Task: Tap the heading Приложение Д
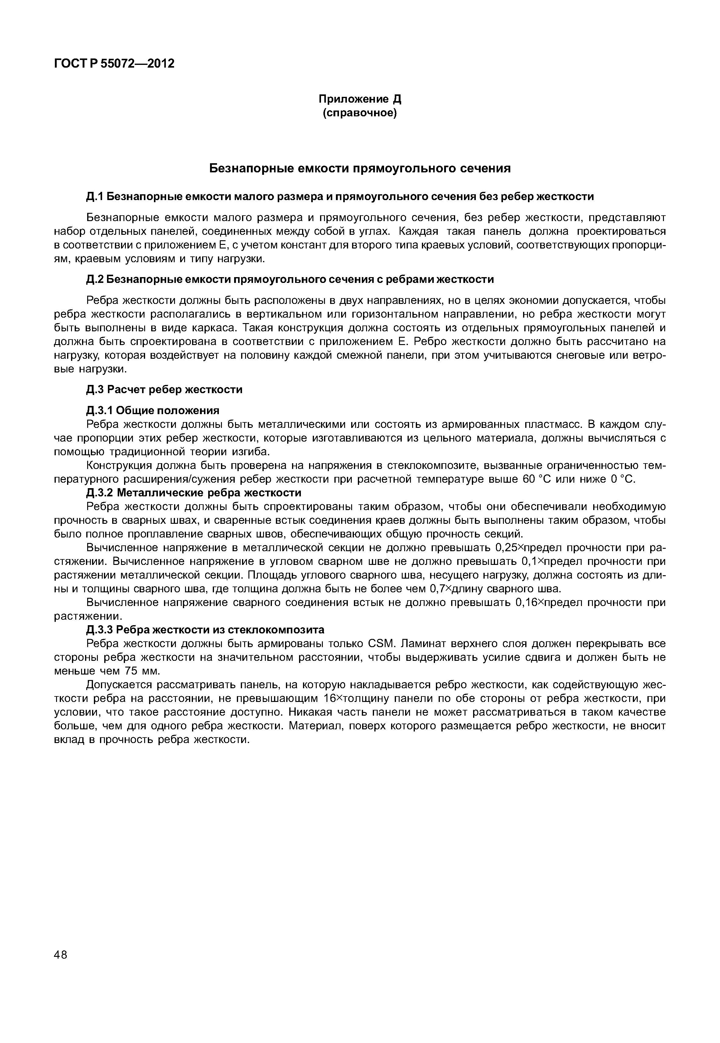(x=360, y=99)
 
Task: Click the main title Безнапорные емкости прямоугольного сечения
(x=360, y=169)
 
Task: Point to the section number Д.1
(x=95, y=196)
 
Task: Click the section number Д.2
(x=95, y=280)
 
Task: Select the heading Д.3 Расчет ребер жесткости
(x=164, y=389)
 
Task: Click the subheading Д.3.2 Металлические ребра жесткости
(x=194, y=493)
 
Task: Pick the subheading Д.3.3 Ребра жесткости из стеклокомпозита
(x=205, y=630)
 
